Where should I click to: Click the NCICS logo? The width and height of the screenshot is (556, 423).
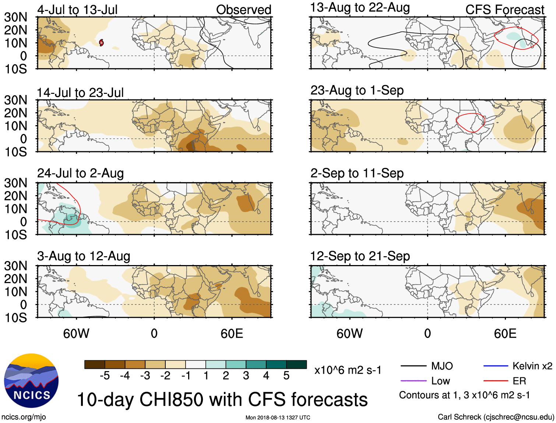31,381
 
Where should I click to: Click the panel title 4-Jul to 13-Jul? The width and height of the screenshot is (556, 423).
77,10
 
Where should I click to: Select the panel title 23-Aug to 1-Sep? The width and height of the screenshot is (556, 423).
357,91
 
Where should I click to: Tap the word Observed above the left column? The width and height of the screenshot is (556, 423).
243,10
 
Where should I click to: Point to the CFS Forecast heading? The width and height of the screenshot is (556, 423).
504,10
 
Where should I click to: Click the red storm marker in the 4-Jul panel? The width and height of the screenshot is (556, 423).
101,43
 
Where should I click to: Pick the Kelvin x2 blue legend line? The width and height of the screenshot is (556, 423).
497,366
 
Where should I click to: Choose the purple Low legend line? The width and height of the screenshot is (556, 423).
414,381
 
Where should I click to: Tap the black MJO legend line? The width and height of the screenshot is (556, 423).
414,366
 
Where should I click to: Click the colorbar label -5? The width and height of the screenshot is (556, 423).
105,376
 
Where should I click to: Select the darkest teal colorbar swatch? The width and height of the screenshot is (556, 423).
296,364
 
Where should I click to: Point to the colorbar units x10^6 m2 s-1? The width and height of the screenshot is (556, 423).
348,370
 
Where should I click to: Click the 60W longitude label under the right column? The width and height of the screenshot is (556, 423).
349,334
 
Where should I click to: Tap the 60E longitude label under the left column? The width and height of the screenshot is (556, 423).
232,334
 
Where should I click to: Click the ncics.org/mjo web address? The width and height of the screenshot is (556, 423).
24,417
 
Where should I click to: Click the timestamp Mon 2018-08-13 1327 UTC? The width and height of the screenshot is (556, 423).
278,417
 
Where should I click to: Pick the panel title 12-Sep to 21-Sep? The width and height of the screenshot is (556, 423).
360,256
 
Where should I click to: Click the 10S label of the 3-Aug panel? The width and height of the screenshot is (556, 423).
16,317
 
